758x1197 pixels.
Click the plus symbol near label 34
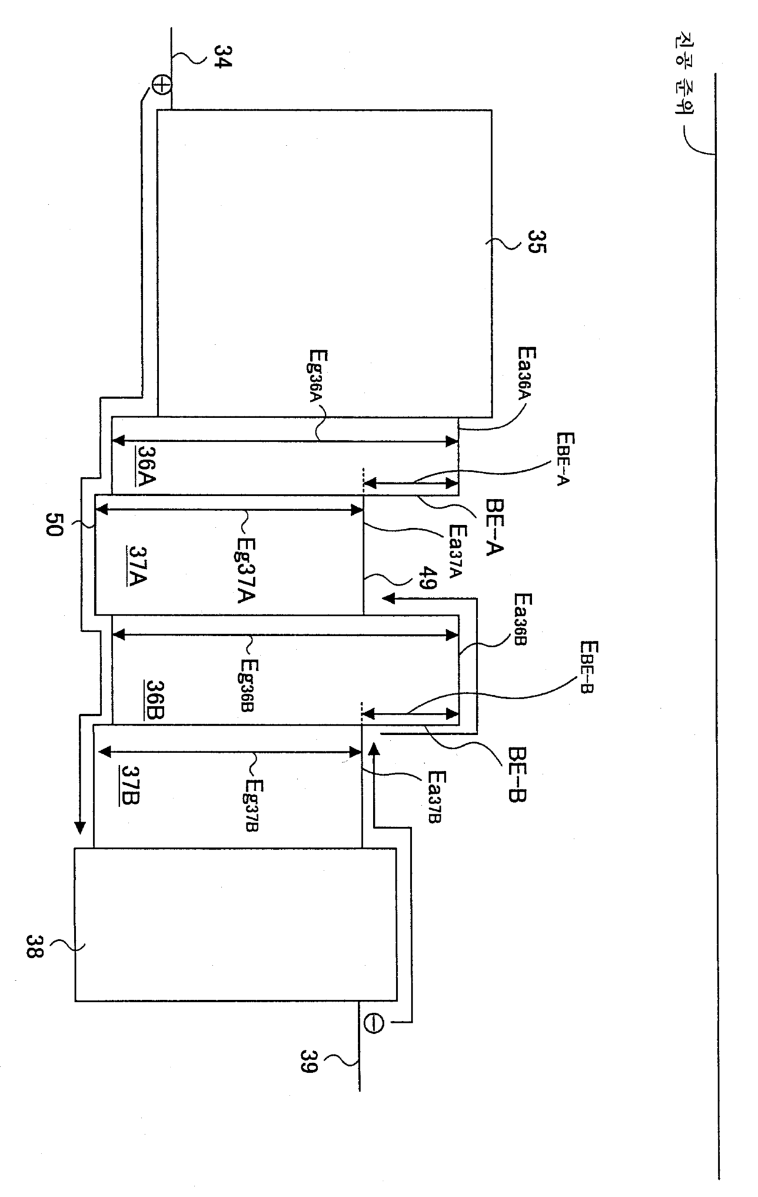click(161, 86)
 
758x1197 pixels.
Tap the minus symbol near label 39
click(373, 1022)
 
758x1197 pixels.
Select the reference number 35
click(537, 242)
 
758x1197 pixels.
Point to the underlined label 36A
click(146, 465)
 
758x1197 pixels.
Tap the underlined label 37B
click(131, 785)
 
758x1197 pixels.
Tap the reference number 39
click(309, 1061)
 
